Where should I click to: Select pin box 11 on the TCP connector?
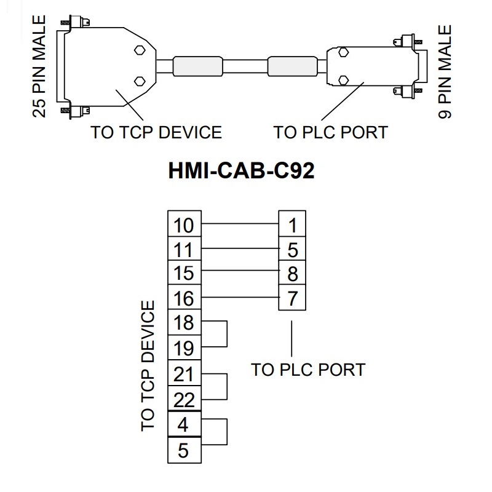tap(184, 249)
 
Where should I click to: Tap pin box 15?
tap(184, 274)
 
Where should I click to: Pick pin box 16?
tap(184, 299)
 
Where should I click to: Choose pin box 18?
tap(184, 323)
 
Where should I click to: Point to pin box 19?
tap(184, 349)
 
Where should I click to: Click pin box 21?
tap(184, 374)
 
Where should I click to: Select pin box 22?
tap(184, 399)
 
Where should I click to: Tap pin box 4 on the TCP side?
tap(184, 424)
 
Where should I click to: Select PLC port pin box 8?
tap(292, 274)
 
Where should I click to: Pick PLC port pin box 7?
tap(292, 299)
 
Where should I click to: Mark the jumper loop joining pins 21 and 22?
tap(227, 386)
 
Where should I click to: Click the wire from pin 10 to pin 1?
tap(240, 224)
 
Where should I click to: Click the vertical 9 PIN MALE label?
tap(445, 72)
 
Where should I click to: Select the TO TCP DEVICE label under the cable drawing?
tap(156, 132)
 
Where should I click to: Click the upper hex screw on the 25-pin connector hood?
tap(139, 52)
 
